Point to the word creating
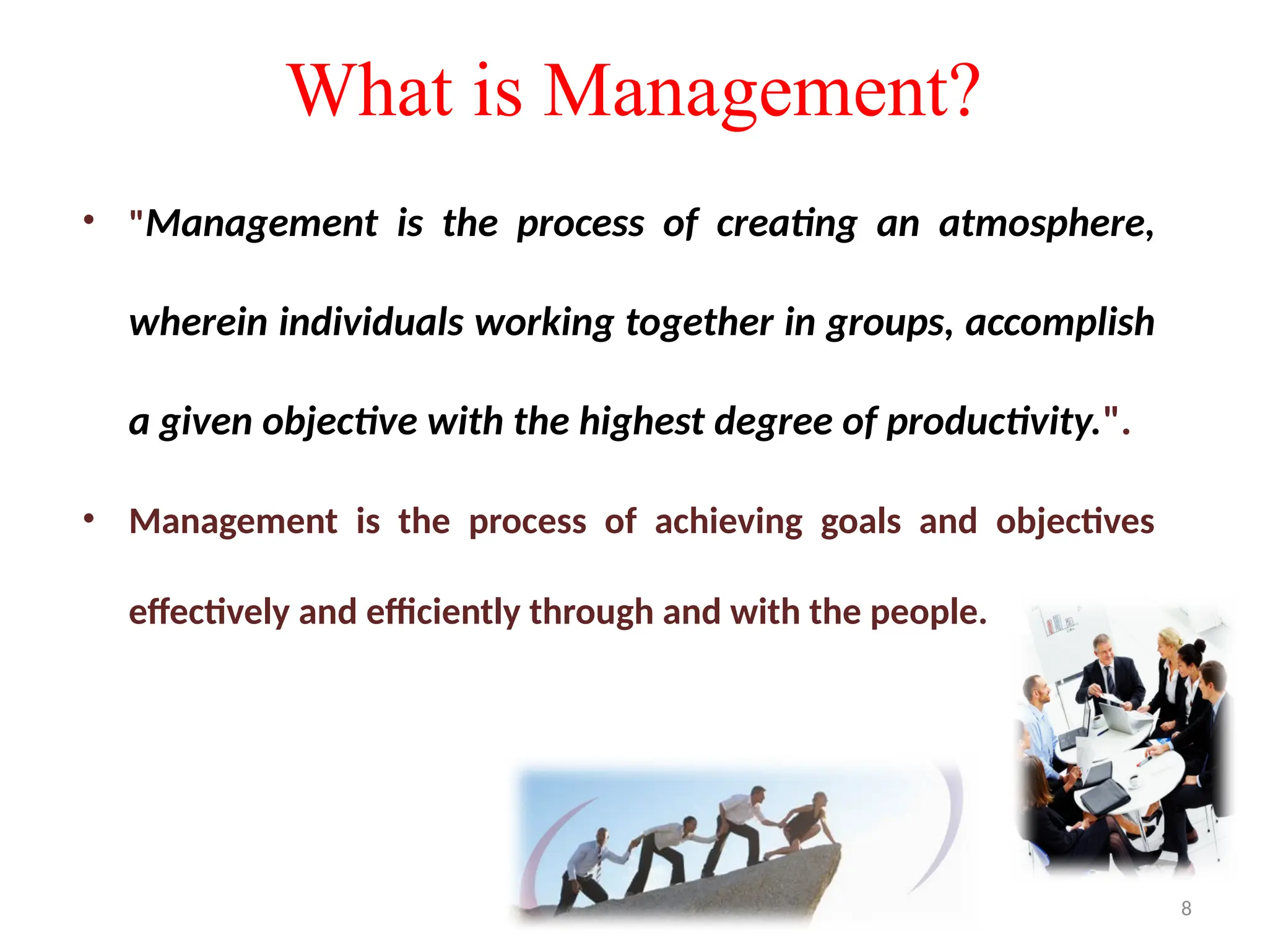(786, 224)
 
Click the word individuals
(371, 323)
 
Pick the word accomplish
(1059, 324)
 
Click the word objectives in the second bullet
(1074, 522)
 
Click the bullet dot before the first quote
(89, 220)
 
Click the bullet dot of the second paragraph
(89, 518)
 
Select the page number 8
(1186, 908)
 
